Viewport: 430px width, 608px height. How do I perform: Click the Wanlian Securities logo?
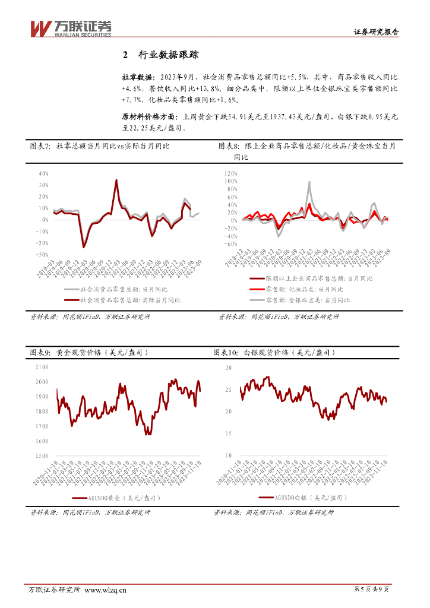(x=71, y=28)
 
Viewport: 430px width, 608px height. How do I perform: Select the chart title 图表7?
(x=40, y=146)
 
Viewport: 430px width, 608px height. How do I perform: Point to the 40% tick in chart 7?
(x=43, y=174)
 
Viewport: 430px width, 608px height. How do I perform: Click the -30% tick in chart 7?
(x=42, y=254)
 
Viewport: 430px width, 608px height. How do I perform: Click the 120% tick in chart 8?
(x=230, y=173)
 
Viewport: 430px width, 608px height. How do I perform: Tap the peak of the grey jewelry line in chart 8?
(x=309, y=182)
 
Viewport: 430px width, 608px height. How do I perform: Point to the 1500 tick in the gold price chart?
(x=42, y=455)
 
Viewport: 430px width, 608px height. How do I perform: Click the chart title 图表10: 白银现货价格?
(x=274, y=353)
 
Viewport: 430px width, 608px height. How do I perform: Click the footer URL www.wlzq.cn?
(x=106, y=590)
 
